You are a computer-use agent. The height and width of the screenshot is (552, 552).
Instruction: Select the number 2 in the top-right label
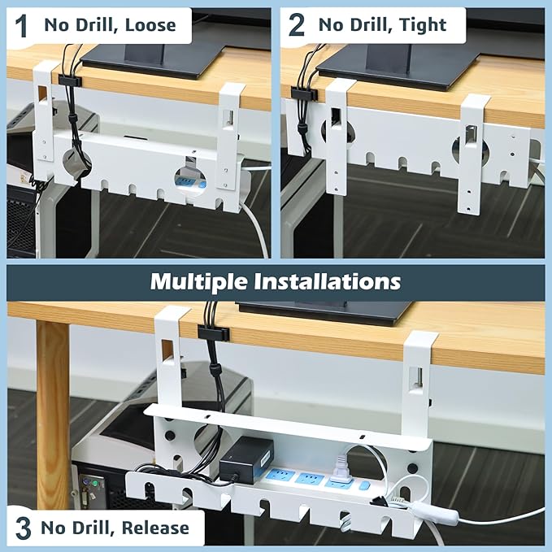click(297, 24)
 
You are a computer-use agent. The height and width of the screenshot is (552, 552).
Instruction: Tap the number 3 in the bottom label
click(24, 528)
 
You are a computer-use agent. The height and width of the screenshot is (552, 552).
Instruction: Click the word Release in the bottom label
click(155, 528)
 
